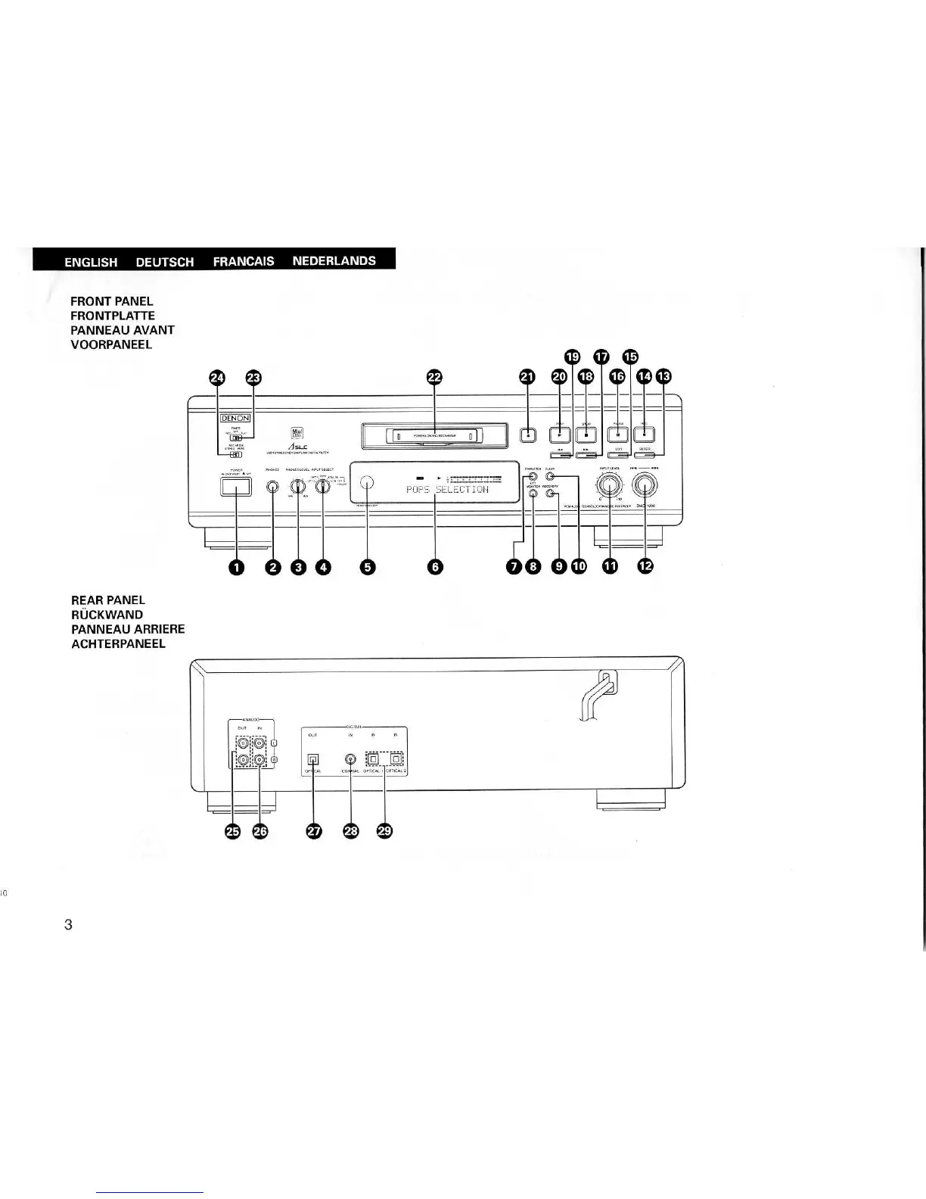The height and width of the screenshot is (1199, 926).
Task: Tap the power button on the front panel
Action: (x=236, y=487)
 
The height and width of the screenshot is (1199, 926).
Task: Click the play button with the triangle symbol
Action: (x=561, y=434)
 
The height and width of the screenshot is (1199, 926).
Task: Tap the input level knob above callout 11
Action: (x=608, y=484)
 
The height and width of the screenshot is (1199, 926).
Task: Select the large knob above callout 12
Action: (x=645, y=484)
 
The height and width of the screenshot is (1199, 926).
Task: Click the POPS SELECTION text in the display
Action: (x=447, y=490)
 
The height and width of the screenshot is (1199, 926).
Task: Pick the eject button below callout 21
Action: (x=528, y=434)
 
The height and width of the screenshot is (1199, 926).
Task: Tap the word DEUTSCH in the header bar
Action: (x=164, y=262)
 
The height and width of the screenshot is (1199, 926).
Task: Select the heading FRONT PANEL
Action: (x=112, y=302)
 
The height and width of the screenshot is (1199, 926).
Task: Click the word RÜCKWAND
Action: (x=107, y=615)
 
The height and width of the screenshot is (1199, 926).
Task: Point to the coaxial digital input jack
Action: (x=350, y=758)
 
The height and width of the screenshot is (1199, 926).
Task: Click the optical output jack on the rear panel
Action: (x=313, y=759)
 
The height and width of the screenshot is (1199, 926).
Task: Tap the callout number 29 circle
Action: (x=384, y=831)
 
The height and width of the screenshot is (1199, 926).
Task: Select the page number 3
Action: (x=68, y=924)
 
